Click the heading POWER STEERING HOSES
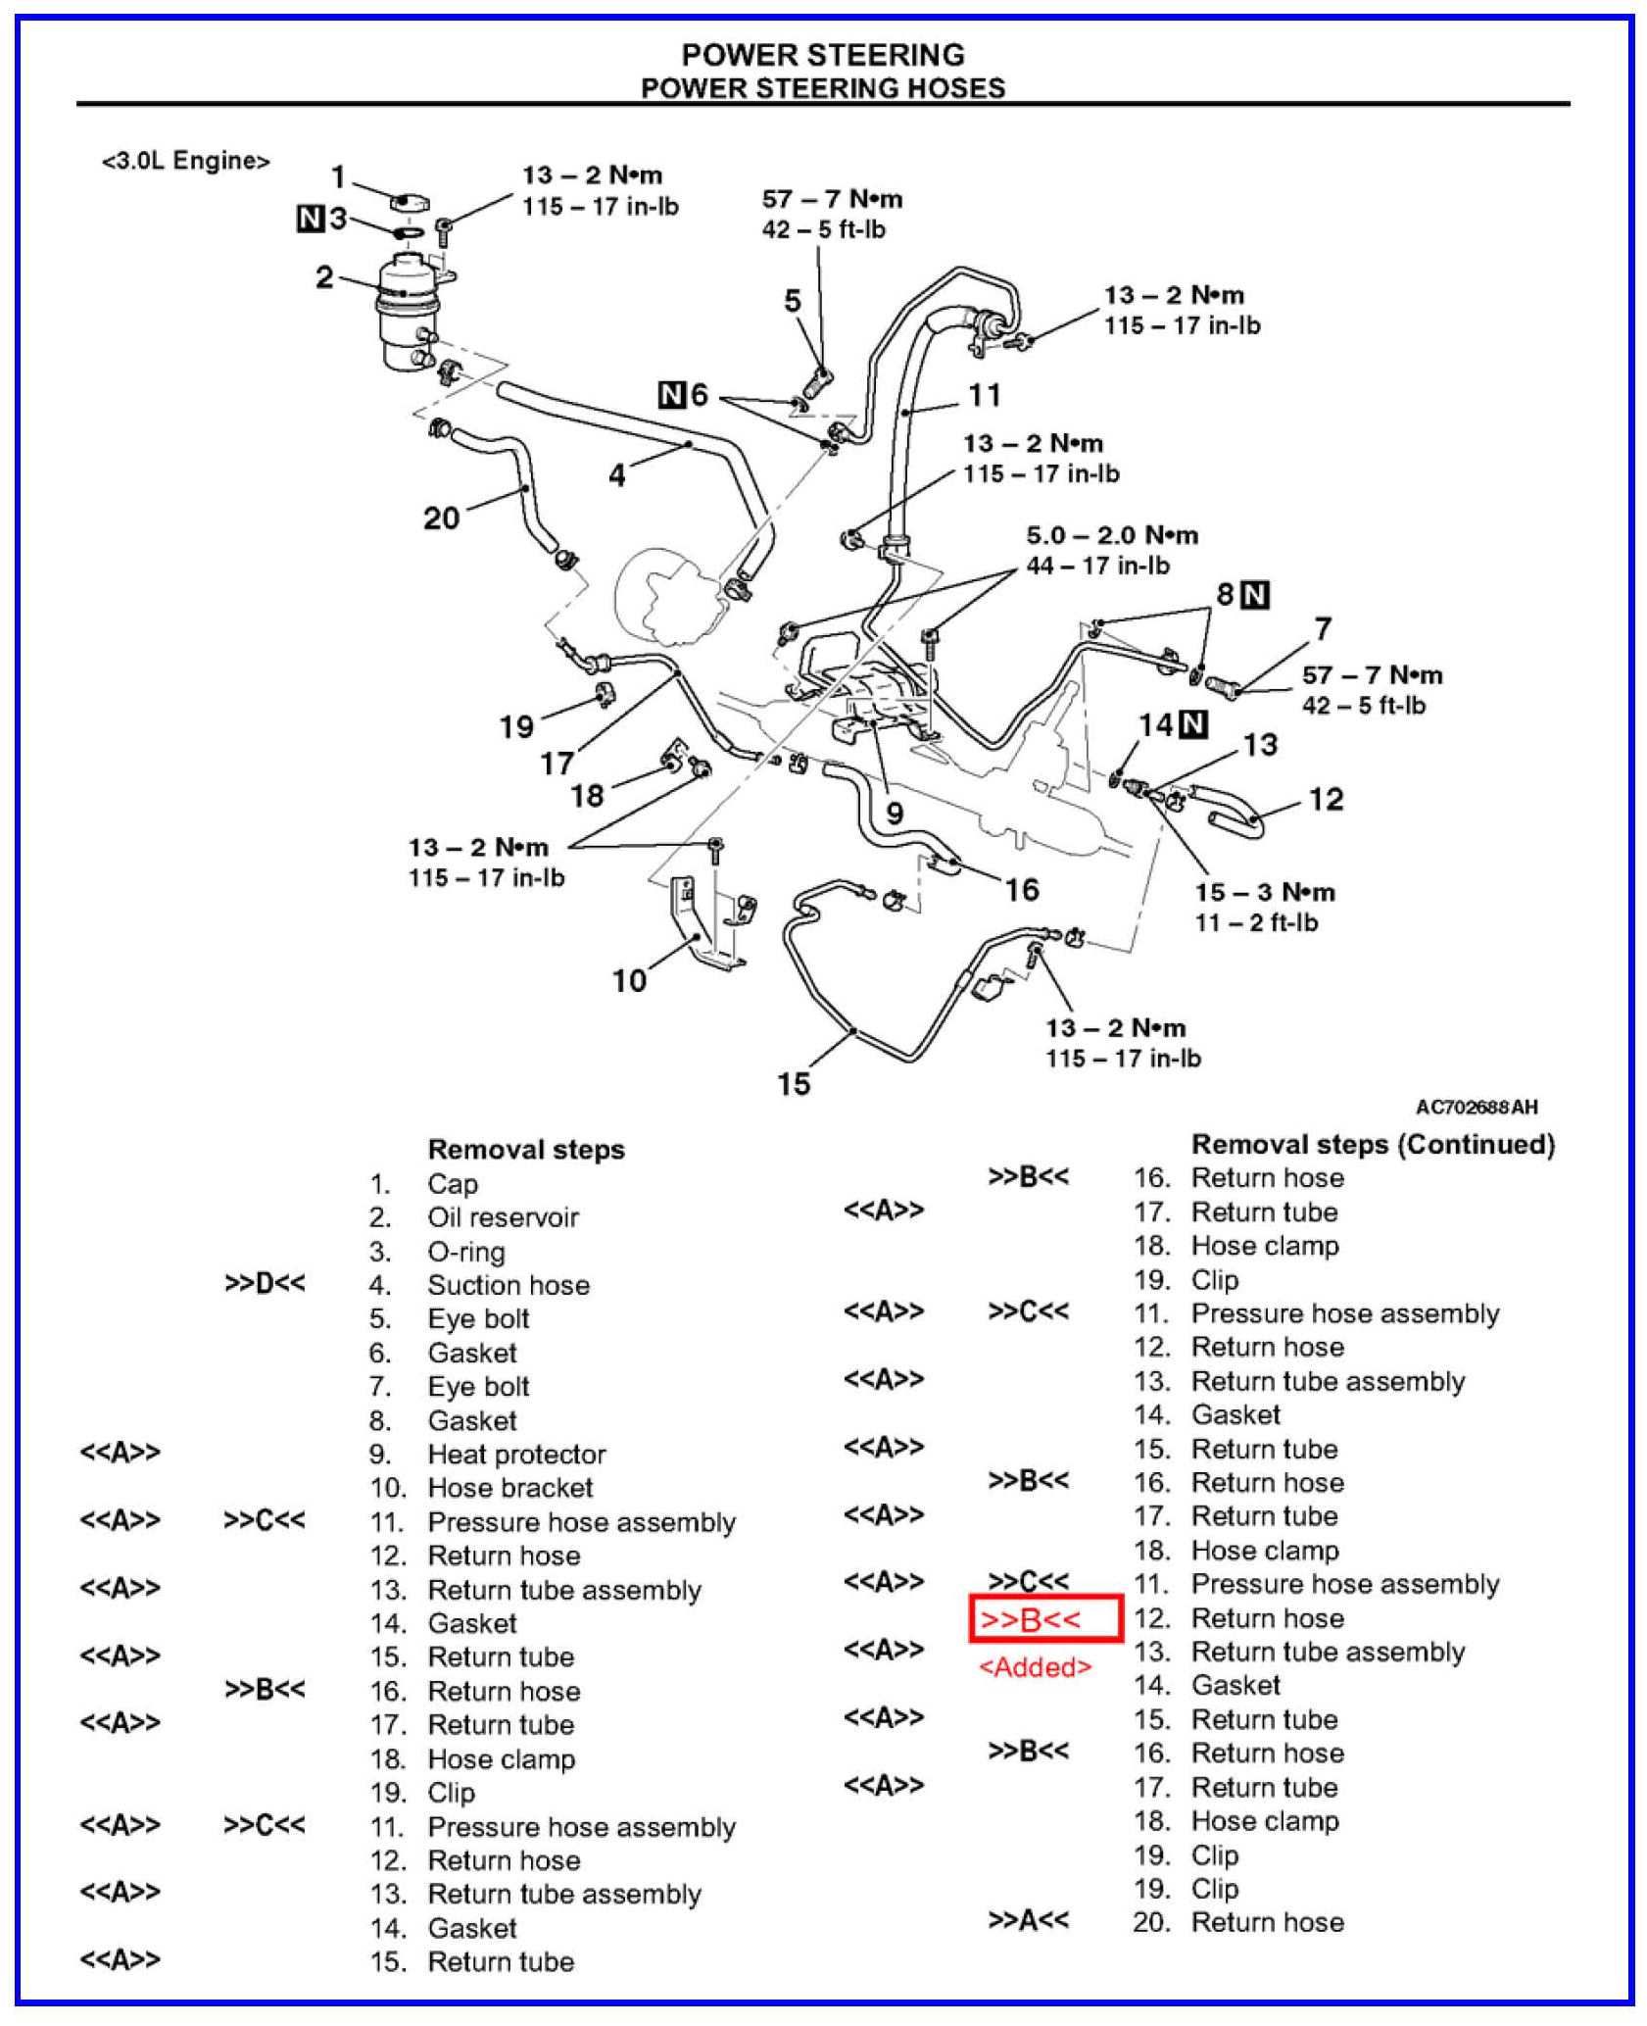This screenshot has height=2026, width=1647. pos(822,88)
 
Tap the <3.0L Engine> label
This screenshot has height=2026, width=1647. pos(185,161)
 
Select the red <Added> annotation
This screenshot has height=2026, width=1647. pos(1035,1667)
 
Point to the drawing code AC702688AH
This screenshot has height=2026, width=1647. pos(1476,1108)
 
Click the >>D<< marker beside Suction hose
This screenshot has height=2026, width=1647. pos(265,1284)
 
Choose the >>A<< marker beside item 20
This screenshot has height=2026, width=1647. pos(1028,1920)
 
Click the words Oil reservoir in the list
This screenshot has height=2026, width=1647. pos(503,1217)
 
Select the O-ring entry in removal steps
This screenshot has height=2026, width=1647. pos(466,1252)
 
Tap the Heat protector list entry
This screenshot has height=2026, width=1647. pos(516,1455)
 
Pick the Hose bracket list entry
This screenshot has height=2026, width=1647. pos(509,1488)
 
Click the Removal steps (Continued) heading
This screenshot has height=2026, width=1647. pos(1372,1145)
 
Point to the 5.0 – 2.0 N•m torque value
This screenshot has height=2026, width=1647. pos(1112,535)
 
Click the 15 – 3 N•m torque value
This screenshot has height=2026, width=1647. pos(1264,892)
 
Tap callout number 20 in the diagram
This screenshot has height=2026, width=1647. pos(441,518)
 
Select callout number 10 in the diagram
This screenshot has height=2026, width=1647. pos(629,980)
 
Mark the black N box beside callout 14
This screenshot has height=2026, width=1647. pos(1192,724)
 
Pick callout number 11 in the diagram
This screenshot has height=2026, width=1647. pos(985,395)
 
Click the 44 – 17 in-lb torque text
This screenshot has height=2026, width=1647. pos(1097,566)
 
